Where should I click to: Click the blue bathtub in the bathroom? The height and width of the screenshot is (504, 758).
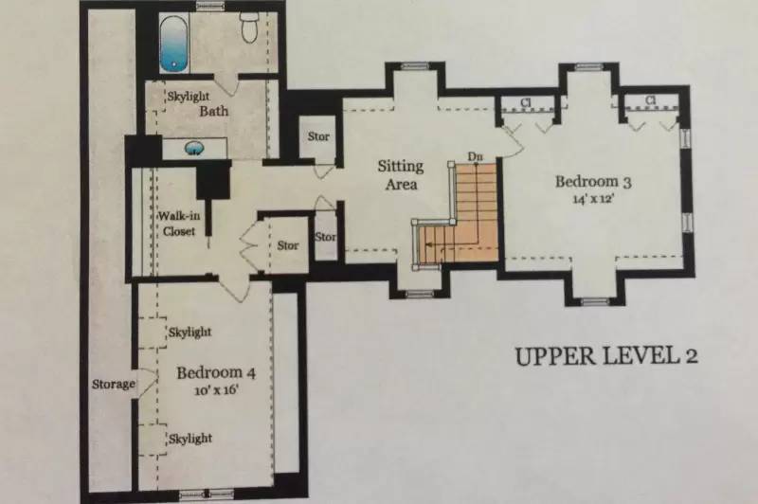173,44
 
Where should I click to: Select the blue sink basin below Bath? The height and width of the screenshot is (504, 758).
195,149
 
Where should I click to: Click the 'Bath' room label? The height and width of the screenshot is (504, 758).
214,111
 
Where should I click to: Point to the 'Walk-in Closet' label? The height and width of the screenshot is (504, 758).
179,224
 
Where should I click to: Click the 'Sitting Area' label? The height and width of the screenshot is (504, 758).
401,175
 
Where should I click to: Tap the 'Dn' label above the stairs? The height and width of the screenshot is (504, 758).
475,156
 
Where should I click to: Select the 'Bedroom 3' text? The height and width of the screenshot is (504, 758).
593,182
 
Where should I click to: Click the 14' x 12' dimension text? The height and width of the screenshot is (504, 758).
593,199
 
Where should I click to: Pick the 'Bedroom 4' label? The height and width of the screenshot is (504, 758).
216,372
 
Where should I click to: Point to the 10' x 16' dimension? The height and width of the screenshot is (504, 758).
217,390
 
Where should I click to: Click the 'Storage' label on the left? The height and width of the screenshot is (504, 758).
114,385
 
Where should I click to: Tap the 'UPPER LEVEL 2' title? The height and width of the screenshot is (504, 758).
606,356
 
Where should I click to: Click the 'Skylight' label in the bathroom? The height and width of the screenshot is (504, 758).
189,97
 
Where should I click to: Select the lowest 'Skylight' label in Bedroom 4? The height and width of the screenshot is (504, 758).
190,439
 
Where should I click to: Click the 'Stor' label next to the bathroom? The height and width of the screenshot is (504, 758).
318,136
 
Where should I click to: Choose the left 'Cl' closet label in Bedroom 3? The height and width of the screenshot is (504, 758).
526,102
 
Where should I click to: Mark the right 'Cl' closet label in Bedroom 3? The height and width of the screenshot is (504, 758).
651,100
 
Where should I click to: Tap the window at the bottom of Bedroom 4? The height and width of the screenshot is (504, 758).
207,494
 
